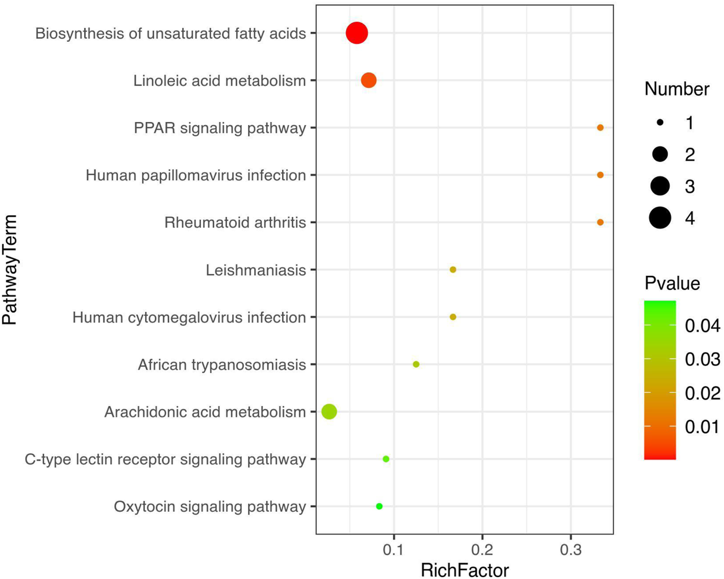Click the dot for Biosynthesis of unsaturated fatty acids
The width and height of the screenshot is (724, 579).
point(356,33)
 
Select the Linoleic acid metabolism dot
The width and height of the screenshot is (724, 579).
point(369,80)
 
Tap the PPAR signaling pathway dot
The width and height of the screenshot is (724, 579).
point(600,128)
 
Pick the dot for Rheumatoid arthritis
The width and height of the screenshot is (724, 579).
point(600,222)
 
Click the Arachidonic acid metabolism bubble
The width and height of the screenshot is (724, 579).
point(329,412)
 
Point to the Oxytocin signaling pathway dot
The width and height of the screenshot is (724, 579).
point(379,506)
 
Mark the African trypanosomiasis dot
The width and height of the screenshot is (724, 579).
point(416,364)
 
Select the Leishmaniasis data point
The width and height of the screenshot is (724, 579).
point(453,269)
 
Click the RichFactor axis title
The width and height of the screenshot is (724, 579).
point(465,569)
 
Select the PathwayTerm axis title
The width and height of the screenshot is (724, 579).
point(10,269)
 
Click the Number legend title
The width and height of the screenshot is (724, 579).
point(676,89)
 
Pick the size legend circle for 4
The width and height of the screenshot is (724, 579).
point(660,218)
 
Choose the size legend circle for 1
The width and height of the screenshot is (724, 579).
point(660,123)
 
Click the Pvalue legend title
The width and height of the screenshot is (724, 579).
point(672,283)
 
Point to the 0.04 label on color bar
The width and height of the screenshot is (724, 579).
point(703,325)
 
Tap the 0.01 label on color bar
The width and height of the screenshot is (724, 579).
point(703,427)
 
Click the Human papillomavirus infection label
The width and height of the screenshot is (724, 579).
point(196,175)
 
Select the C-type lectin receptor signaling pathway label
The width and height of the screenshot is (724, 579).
point(165,459)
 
